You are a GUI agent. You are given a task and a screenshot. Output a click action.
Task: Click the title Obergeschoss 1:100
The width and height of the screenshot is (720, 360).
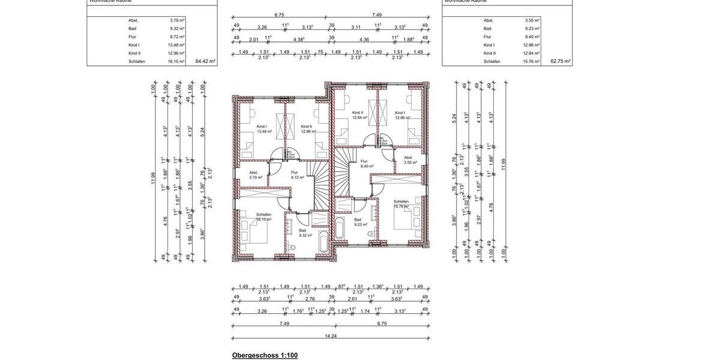[x=265, y=355]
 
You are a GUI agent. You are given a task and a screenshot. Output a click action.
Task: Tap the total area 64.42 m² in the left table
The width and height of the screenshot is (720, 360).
[x=205, y=61]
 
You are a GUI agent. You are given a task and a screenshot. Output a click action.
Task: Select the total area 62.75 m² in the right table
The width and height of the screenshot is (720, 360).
[x=560, y=61]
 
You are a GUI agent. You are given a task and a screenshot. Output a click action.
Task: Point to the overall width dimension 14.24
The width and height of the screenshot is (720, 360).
[x=331, y=336]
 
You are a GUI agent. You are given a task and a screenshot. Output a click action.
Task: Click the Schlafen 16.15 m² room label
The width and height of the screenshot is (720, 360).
[x=264, y=217]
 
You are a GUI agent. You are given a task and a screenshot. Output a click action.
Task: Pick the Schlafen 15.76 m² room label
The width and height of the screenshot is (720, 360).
[x=401, y=204]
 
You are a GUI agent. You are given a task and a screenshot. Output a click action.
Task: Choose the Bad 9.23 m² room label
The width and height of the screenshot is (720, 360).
[x=360, y=222]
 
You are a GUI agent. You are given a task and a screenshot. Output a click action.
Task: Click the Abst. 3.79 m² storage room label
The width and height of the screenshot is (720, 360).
[x=256, y=175]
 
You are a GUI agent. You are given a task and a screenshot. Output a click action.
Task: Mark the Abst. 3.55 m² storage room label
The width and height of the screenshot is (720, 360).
[x=410, y=160]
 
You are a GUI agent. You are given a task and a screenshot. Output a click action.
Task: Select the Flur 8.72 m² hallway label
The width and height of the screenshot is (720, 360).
[x=297, y=175]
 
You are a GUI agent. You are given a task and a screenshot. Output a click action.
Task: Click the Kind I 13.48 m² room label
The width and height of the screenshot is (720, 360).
[x=264, y=129]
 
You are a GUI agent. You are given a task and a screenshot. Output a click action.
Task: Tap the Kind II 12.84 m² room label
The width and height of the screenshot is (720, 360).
[x=359, y=115]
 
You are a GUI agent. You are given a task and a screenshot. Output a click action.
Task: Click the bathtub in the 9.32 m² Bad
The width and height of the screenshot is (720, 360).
[x=323, y=242]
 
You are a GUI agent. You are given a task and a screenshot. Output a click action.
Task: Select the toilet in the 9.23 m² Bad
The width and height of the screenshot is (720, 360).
[x=371, y=233]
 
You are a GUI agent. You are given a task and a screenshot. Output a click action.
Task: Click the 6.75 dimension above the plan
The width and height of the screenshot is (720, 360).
[x=280, y=15]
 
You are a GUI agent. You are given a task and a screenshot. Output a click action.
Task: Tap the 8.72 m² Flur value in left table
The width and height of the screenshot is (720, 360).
[x=177, y=37]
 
